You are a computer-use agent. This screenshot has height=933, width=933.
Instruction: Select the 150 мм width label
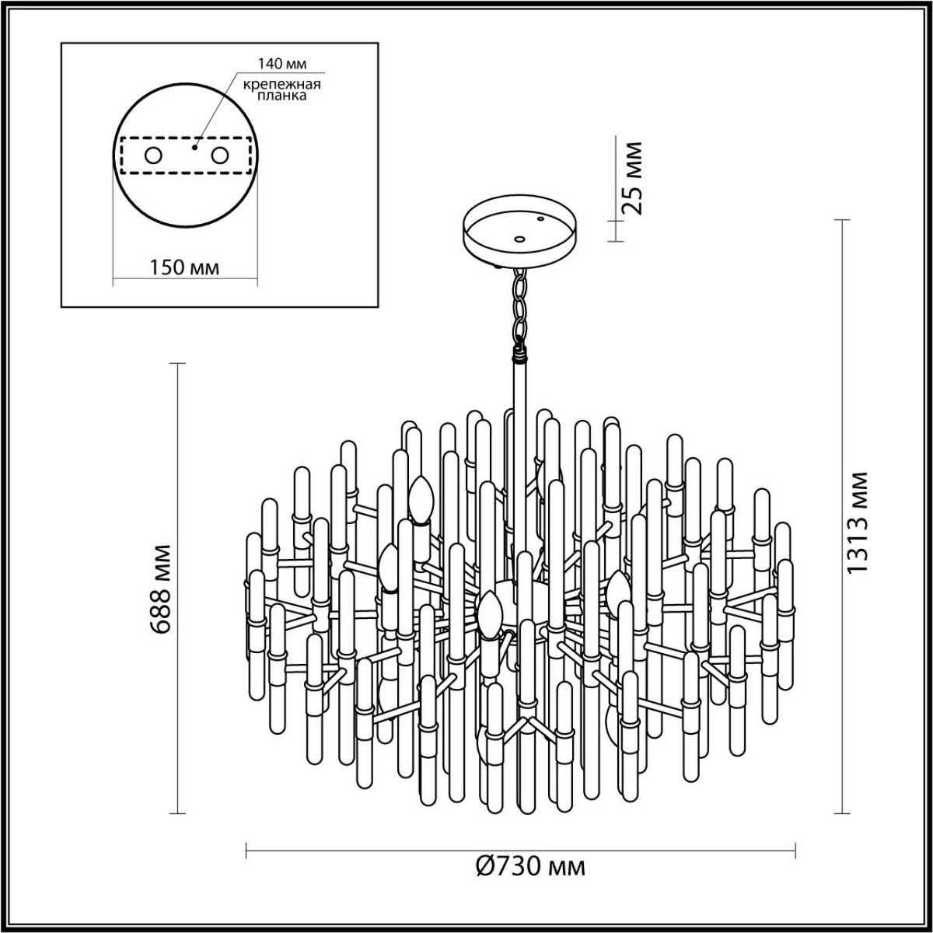tap(183, 267)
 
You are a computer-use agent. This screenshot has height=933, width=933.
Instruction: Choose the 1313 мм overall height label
tap(857, 522)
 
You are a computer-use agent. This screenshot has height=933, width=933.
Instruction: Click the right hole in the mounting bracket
tap(221, 155)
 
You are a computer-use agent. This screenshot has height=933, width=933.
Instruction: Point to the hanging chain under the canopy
tap(519, 306)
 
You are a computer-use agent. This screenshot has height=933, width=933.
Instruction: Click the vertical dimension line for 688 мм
tap(180, 589)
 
